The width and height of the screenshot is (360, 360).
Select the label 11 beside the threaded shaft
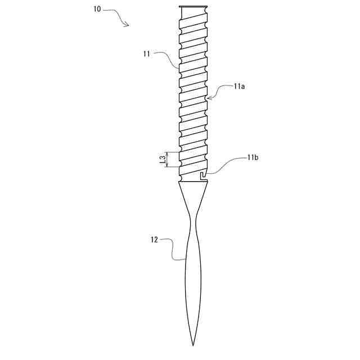pos(146,54)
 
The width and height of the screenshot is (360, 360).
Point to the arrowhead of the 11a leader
pos(208,98)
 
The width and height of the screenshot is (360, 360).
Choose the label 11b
pos(252,158)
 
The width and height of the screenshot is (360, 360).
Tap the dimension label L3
pos(162,160)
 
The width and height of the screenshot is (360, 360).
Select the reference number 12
pos(155,240)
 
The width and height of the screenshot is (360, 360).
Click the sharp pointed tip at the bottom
pos(193,344)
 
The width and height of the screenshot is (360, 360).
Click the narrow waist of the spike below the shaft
pos(193,225)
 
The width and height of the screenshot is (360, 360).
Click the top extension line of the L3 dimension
pos(172,152)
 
